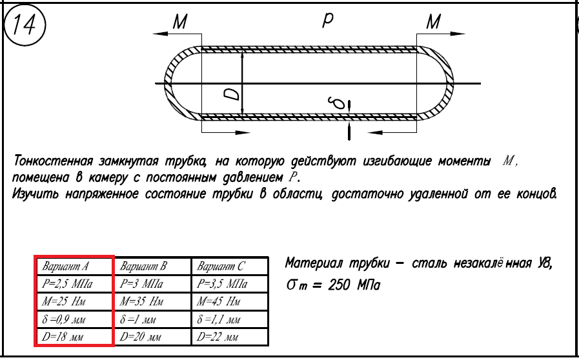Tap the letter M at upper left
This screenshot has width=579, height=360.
coord(180,23)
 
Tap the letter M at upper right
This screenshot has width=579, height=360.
coord(434,23)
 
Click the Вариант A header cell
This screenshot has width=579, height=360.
coord(74,266)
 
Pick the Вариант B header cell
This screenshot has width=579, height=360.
coord(152,266)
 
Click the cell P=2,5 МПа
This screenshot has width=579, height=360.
coord(74,283)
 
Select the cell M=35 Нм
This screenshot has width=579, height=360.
coord(152,301)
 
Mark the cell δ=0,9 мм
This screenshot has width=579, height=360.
coord(74,319)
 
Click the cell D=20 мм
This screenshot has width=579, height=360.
coord(152,337)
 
